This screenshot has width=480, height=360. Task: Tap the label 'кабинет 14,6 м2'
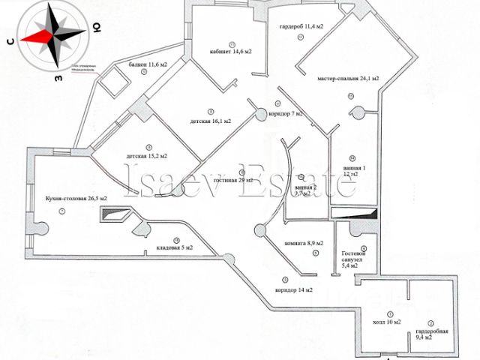[x=231, y=52]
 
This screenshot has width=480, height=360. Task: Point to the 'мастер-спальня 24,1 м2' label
[x=347, y=78]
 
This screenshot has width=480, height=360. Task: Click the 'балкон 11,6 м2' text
[x=147, y=65]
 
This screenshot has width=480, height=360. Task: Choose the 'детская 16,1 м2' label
[x=210, y=120]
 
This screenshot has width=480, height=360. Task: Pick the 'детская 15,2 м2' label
[x=146, y=156]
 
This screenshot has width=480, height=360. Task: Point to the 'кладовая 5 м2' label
[x=174, y=247]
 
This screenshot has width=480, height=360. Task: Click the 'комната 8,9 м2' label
[x=304, y=244]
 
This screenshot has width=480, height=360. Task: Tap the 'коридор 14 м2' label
[x=293, y=289]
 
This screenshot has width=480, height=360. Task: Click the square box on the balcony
[x=115, y=81]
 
